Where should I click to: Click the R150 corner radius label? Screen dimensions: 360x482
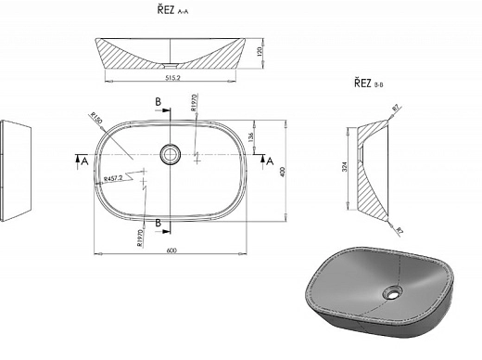pos(95,118)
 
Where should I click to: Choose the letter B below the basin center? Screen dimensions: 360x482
pos(159,223)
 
